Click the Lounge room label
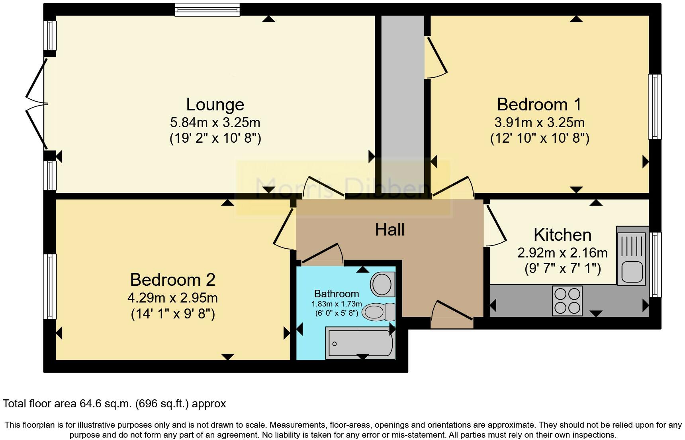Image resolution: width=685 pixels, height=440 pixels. coord(215,104)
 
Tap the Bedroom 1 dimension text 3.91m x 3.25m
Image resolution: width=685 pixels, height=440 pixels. coord(539,122)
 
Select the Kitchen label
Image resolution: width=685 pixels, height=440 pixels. coord(562,235)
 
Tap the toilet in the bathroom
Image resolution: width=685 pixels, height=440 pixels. coord(378,312)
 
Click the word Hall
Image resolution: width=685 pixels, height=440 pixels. coord(389,230)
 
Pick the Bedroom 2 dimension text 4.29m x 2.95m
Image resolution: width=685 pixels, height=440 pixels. coord(172,298)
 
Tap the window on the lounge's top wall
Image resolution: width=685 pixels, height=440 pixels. coord(207,10)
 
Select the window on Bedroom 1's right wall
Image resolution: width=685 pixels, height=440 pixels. coord(654,106)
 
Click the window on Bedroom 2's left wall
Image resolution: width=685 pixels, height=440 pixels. coord(49,286)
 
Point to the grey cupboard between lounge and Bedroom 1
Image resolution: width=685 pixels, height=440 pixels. coord(402,100)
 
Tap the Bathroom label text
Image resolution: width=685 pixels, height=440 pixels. coord(337,294)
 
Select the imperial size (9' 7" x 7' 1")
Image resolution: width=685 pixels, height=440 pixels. coord(562,269)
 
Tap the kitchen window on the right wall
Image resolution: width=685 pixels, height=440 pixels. coord(655,265)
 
